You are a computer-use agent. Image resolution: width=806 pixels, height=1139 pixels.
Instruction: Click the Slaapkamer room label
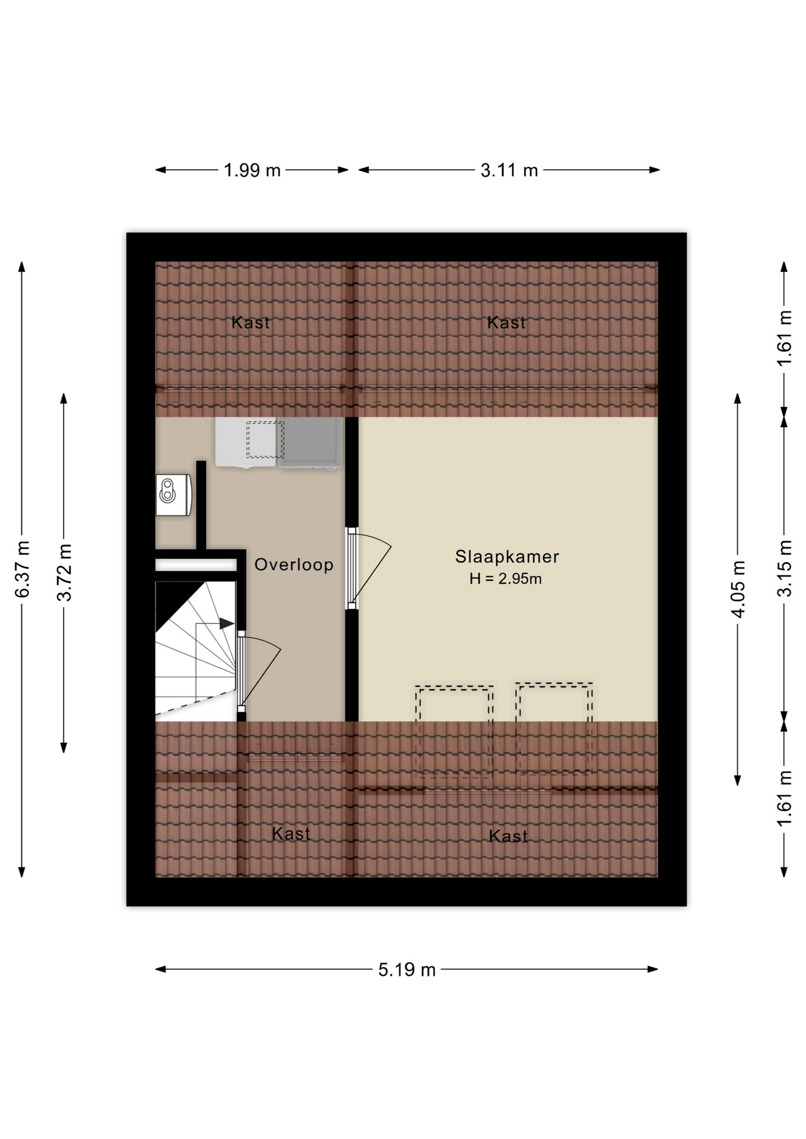pyautogui.click(x=507, y=557)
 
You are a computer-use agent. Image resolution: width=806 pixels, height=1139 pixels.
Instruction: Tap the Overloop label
pyautogui.click(x=294, y=565)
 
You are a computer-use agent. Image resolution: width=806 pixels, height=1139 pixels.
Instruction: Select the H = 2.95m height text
pyautogui.click(x=505, y=579)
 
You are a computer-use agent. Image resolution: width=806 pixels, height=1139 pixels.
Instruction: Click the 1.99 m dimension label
pyautogui.click(x=252, y=170)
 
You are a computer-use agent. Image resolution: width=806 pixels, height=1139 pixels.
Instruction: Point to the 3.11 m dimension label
pyautogui.click(x=509, y=170)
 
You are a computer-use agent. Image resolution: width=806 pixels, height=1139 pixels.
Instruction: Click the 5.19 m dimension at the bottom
pyautogui.click(x=407, y=970)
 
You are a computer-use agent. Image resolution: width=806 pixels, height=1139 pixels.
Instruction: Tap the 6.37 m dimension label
pyautogui.click(x=23, y=569)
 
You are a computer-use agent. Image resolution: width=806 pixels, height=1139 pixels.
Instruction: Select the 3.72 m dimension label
pyautogui.click(x=64, y=572)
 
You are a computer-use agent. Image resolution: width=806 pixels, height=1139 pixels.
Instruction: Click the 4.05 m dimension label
pyautogui.click(x=738, y=589)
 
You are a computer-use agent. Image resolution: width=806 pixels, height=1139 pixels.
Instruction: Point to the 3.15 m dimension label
pyautogui.click(x=785, y=568)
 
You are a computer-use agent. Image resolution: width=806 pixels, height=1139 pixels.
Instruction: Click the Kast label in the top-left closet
pyautogui.click(x=250, y=323)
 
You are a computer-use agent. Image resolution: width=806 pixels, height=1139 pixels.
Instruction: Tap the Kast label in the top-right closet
pyautogui.click(x=506, y=323)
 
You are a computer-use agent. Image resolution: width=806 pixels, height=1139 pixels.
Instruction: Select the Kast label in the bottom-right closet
pyautogui.click(x=508, y=836)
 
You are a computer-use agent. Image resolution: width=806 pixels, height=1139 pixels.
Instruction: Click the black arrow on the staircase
pyautogui.click(x=226, y=623)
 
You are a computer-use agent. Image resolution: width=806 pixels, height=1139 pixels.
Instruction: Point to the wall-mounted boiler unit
pyautogui.click(x=173, y=495)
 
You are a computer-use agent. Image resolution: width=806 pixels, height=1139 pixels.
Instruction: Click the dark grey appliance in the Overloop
pyautogui.click(x=310, y=443)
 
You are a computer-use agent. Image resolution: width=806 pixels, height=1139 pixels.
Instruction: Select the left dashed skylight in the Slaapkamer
pyautogui.click(x=455, y=731)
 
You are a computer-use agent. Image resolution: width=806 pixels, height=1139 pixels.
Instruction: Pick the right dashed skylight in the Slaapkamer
pyautogui.click(x=554, y=728)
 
